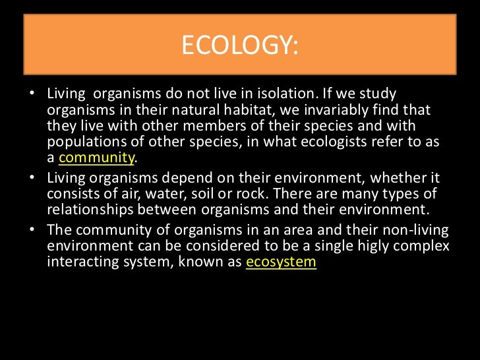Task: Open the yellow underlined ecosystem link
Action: pos(281,262)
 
